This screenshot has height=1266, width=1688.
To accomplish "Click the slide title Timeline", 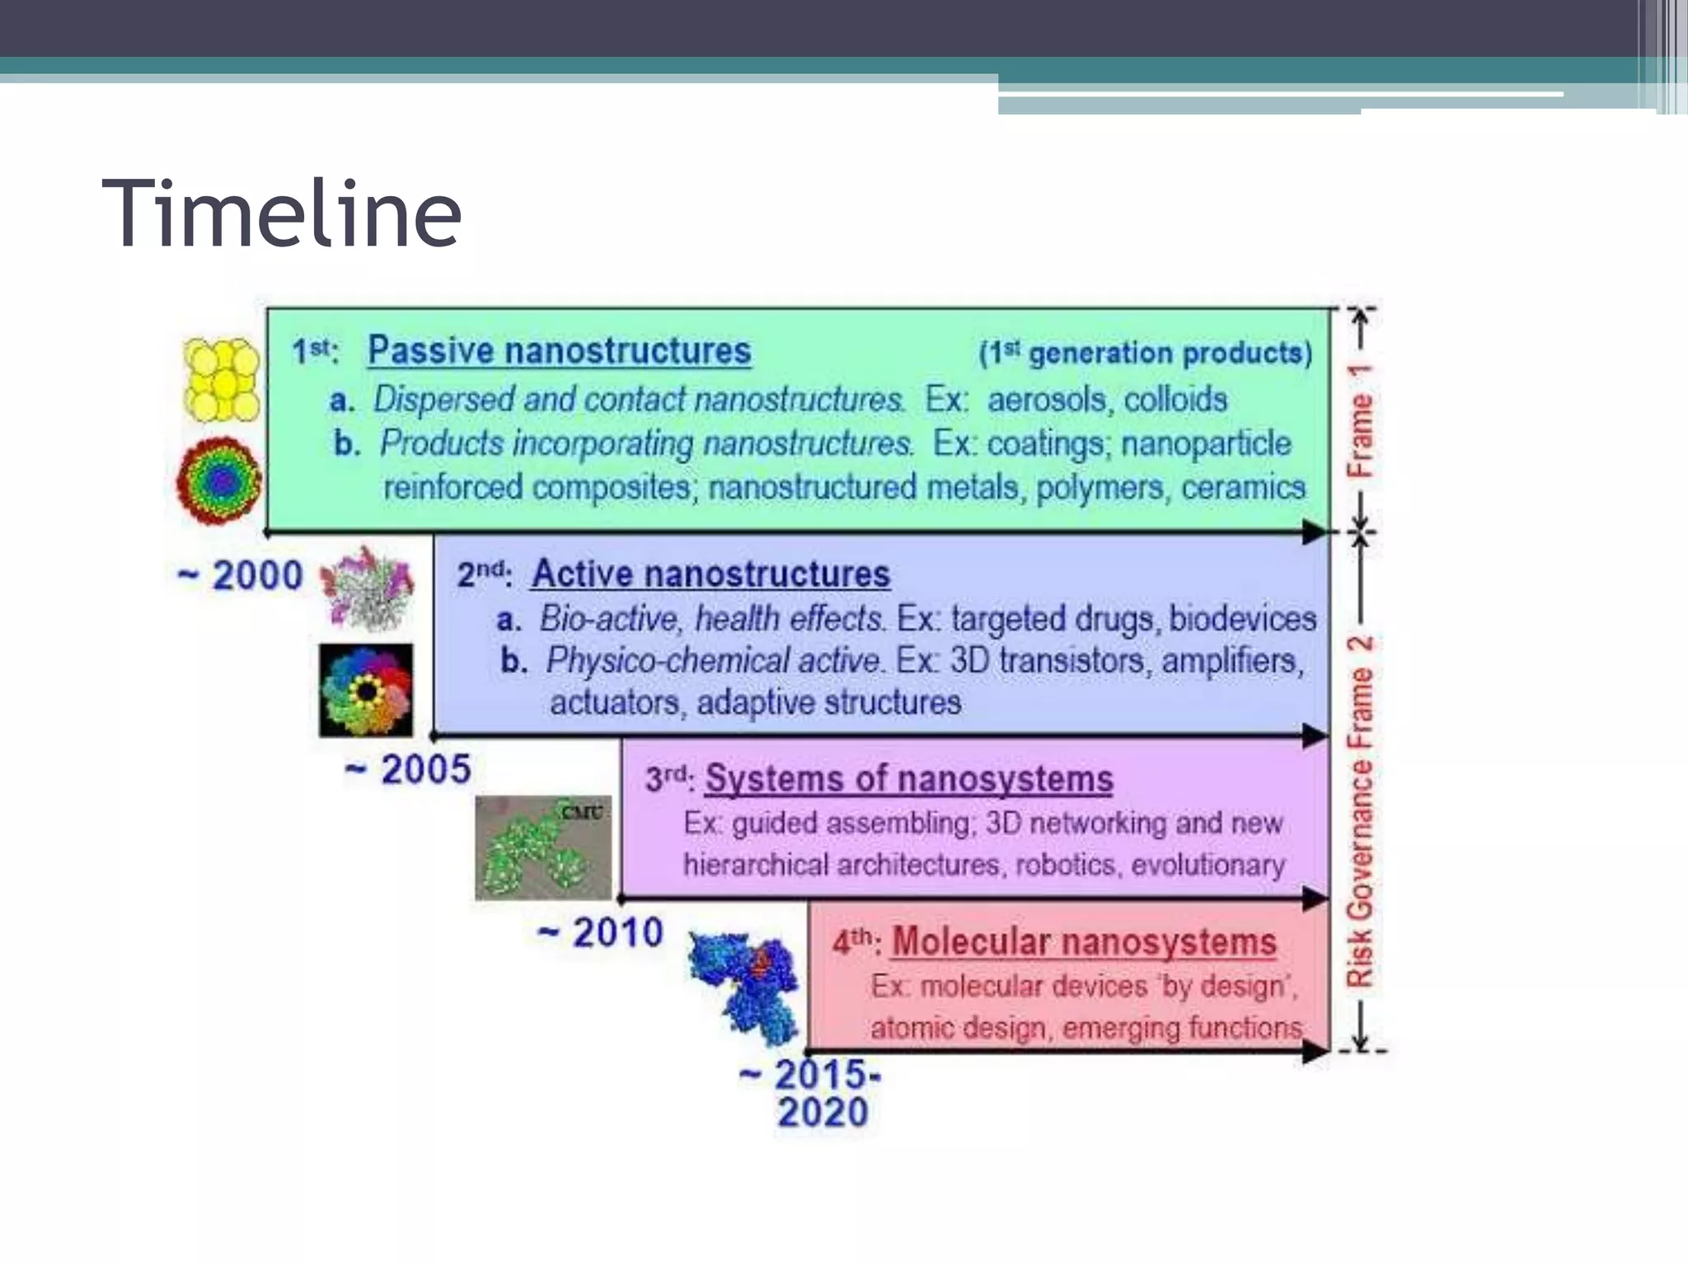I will pyautogui.click(x=281, y=213).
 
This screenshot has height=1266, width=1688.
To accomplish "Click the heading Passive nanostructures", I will pyautogui.click(x=559, y=351).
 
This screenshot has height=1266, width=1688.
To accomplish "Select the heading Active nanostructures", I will pyautogui.click(x=710, y=574).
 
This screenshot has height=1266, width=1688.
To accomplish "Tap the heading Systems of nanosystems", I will pyautogui.click(x=909, y=779).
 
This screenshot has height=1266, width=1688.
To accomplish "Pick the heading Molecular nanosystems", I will pyautogui.click(x=1084, y=942).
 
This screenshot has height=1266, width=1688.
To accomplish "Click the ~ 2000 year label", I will pyautogui.click(x=241, y=575).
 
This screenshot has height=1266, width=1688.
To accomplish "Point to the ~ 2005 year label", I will pyautogui.click(x=408, y=770).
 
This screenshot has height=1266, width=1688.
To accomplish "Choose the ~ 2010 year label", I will pyautogui.click(x=601, y=933).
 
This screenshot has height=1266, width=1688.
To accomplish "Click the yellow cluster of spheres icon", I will pyautogui.click(x=220, y=380).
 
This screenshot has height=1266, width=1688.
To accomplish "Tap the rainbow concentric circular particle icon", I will pyautogui.click(x=219, y=481).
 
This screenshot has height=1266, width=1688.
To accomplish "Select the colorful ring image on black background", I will pyautogui.click(x=366, y=691).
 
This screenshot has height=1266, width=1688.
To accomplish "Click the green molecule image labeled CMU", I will pyautogui.click(x=543, y=847).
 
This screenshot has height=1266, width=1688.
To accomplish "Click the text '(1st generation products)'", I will pyautogui.click(x=1145, y=354).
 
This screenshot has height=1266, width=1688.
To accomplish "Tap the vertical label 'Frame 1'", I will pyautogui.click(x=1361, y=420).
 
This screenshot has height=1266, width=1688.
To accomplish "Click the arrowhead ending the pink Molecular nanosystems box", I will pyautogui.click(x=1316, y=1051).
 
